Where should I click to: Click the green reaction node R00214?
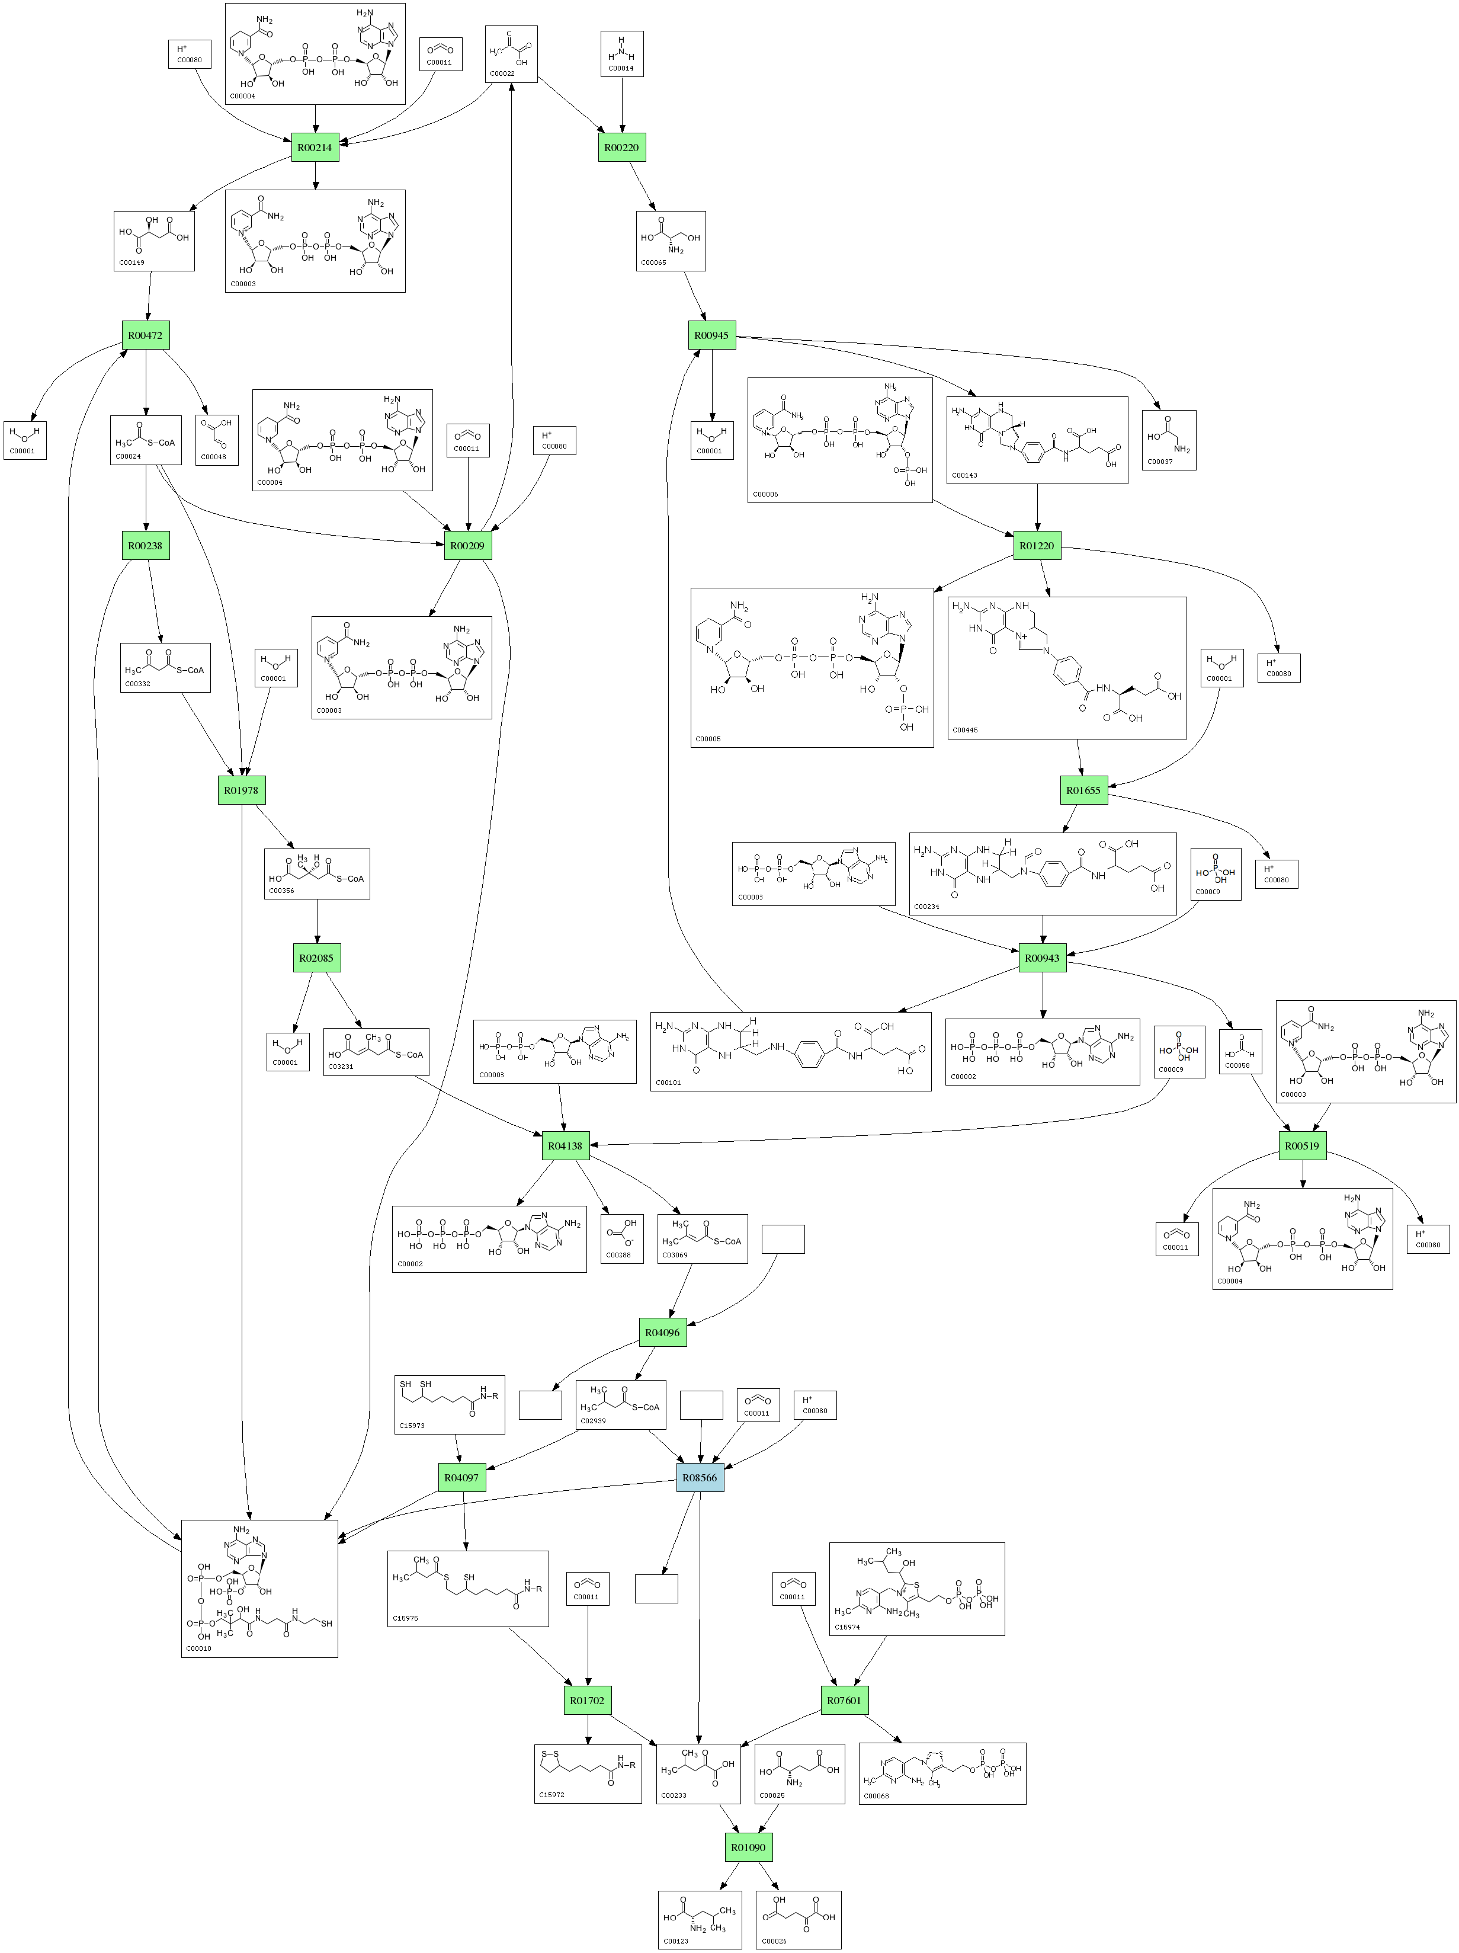pos(315,148)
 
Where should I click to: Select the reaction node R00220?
pos(621,148)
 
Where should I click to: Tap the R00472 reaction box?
pos(145,335)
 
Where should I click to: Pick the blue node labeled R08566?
pos(700,1477)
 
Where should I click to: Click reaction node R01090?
pos(749,1847)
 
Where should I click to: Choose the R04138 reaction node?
pos(565,1146)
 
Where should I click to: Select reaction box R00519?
pos(1302,1146)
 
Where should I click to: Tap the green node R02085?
pos(316,958)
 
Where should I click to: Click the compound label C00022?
pos(502,73)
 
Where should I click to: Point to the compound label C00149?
pos(132,262)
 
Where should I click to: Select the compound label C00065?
pos(654,262)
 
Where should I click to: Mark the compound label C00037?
pos(1160,462)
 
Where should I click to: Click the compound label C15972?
pos(551,1795)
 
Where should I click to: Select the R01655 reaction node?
pos(1084,790)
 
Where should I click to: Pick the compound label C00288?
pos(618,1254)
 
